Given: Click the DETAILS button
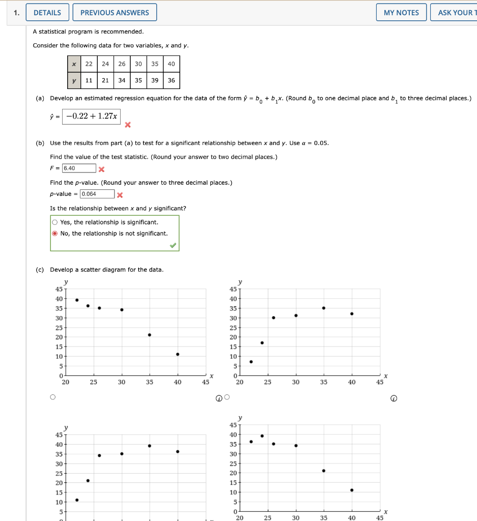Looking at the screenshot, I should tap(47, 13).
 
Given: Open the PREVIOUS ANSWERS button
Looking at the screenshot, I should tap(115, 13).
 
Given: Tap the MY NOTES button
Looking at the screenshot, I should tap(401, 13).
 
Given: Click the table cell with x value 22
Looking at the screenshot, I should tap(89, 64).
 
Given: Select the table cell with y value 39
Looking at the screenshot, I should tap(154, 80).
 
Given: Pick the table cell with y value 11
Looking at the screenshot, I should tap(89, 80).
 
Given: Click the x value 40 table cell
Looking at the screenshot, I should tap(171, 64).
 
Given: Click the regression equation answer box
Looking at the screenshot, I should tap(92, 117).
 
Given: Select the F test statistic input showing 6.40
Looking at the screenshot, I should tap(79, 168).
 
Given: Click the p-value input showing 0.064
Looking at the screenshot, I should tap(97, 194).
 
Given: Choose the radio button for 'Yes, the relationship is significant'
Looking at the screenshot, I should tap(55, 222).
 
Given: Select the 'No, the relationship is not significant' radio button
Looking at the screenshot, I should tap(55, 234).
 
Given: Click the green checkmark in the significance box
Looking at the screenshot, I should tap(173, 245).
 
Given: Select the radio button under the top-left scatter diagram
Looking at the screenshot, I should tap(52, 397).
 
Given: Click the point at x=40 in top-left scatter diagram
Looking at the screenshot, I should tap(177, 354).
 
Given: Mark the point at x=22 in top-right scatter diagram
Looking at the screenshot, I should tap(251, 362).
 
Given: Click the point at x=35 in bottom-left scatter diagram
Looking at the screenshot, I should tap(150, 446).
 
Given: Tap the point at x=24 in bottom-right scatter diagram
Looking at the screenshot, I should tap(262, 436).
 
